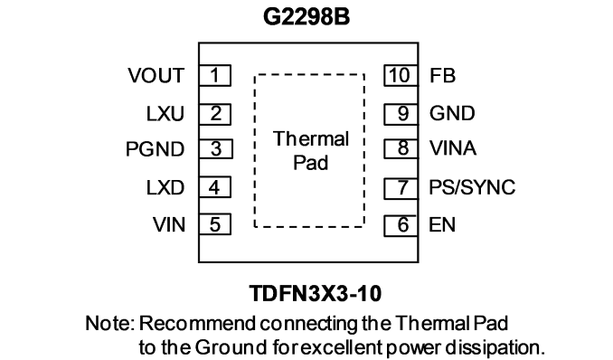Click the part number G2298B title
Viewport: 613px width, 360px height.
pyautogui.click(x=306, y=17)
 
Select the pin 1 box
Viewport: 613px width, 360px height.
pyautogui.click(x=215, y=75)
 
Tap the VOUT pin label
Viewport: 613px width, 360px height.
pyautogui.click(x=156, y=75)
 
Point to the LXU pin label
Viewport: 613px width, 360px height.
pyautogui.click(x=165, y=114)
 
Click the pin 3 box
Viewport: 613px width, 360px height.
pyautogui.click(x=216, y=148)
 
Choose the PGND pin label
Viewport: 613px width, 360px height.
pyautogui.click(x=155, y=149)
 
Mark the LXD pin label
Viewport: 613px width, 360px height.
pyautogui.click(x=165, y=188)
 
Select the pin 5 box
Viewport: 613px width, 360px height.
pyautogui.click(x=215, y=224)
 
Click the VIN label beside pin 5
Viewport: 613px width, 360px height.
pyautogui.click(x=169, y=224)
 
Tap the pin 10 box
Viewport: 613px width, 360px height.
pyautogui.click(x=401, y=75)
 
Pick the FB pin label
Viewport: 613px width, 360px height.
pyautogui.click(x=442, y=75)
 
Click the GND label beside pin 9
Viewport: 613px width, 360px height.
pyautogui.click(x=452, y=113)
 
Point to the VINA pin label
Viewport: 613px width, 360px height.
pyautogui.click(x=453, y=148)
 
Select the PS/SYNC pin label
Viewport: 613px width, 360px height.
pyautogui.click(x=472, y=187)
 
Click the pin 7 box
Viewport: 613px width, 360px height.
pyautogui.click(x=401, y=188)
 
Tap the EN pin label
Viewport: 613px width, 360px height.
pyautogui.click(x=442, y=225)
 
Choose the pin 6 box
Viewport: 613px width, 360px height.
pyautogui.click(x=401, y=226)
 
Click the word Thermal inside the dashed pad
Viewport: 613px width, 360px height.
pyautogui.click(x=311, y=139)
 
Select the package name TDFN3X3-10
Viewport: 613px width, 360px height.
pyautogui.click(x=316, y=293)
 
